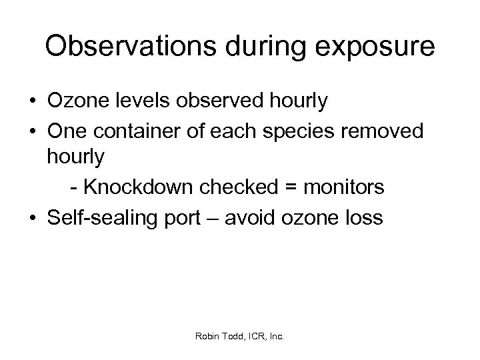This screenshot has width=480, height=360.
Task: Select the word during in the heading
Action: pyautogui.click(x=260, y=47)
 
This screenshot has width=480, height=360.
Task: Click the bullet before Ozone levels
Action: pyautogui.click(x=33, y=102)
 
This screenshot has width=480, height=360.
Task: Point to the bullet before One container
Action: pyautogui.click(x=33, y=131)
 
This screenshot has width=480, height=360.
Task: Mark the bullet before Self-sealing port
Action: pyautogui.click(x=33, y=218)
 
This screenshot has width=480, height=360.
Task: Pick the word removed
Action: pyautogui.click(x=386, y=131)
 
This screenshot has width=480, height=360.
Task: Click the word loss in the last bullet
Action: pyautogui.click(x=363, y=218)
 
